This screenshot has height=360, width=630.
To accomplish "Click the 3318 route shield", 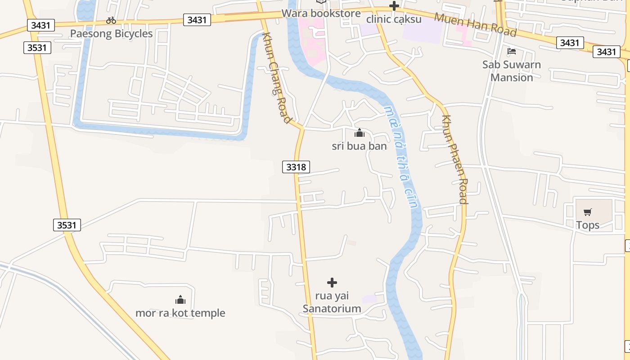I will click(296, 167).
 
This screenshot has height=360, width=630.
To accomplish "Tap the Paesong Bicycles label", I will click(111, 34).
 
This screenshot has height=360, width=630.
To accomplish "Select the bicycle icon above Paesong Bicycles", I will click(111, 20).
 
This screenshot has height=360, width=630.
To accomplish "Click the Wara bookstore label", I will click(321, 13).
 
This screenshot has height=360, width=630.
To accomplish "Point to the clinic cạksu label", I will click(394, 19).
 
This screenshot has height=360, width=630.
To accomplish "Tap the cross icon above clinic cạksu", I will click(394, 6).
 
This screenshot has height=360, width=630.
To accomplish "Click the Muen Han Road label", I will click(475, 25).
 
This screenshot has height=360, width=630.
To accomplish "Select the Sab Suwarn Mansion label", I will click(512, 71).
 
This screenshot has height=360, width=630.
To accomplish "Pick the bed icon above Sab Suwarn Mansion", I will click(512, 51).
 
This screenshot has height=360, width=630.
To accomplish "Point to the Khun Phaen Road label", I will click(454, 159).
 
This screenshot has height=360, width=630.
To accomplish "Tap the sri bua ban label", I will click(359, 146).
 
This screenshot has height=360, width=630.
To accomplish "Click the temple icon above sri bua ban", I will click(359, 133).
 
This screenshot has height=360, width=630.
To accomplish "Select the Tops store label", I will click(588, 225).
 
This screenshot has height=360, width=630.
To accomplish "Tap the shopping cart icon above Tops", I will click(588, 212).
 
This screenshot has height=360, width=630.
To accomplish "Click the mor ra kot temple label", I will click(180, 313).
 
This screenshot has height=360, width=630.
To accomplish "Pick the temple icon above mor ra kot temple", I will click(180, 300).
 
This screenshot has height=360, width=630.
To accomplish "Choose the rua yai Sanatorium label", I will click(332, 302).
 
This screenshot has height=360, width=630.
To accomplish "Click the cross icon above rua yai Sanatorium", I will click(332, 283).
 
